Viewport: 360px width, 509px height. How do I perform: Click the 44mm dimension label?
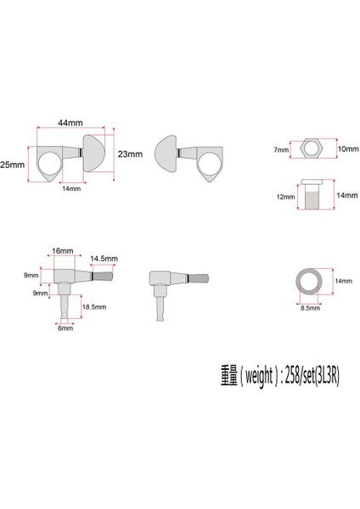(x=70, y=123)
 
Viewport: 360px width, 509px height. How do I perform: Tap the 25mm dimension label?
(x=13, y=165)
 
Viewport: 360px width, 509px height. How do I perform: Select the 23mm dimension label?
(x=130, y=154)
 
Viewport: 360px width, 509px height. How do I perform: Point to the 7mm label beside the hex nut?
(x=281, y=149)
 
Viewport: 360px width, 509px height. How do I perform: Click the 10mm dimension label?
(x=348, y=149)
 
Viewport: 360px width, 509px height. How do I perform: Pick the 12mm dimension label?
(x=285, y=197)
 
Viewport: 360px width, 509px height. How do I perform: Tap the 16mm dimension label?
(x=62, y=250)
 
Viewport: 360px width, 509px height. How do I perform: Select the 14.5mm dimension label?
(x=104, y=259)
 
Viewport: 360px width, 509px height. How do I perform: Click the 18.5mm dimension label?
(x=94, y=307)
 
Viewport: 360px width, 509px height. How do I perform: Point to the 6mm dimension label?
(x=65, y=328)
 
